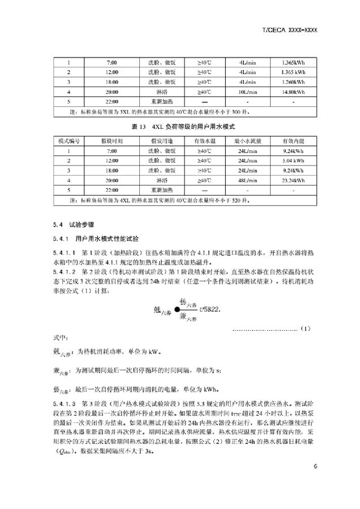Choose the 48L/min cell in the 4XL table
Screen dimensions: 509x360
click(x=248, y=180)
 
